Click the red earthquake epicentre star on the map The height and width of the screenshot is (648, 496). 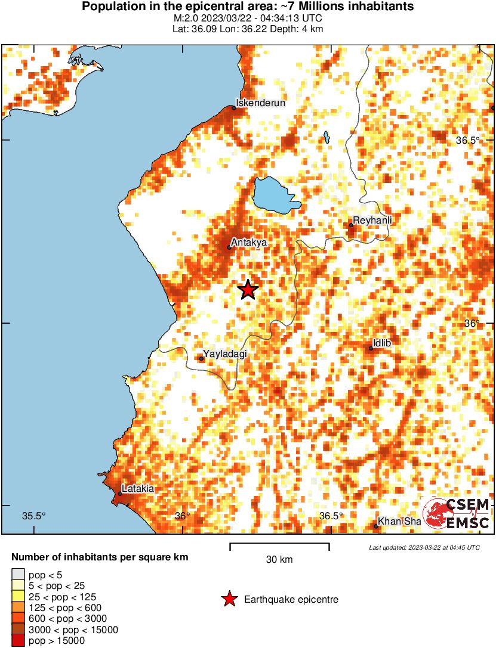point(248,290)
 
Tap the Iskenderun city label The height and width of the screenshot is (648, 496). point(260,103)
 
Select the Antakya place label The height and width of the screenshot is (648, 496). point(249,242)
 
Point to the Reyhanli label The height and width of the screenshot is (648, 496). point(372,221)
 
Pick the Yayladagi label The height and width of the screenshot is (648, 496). point(225,354)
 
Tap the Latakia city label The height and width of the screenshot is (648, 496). point(138,489)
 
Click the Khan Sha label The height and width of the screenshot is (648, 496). point(400,522)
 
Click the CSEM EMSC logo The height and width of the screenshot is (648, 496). point(457,514)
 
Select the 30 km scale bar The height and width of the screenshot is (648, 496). point(279,545)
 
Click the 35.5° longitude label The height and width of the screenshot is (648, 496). point(34,516)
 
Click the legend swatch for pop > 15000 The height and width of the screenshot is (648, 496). point(18,641)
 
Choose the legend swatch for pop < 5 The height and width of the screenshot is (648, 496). point(18,574)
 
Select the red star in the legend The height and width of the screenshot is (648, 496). point(229,599)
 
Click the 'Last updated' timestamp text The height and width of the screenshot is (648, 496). point(424,547)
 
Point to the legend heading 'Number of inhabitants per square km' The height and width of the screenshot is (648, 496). point(100,558)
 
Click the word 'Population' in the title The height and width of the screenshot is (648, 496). point(111,7)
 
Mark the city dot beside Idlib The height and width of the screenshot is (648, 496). point(371,348)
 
